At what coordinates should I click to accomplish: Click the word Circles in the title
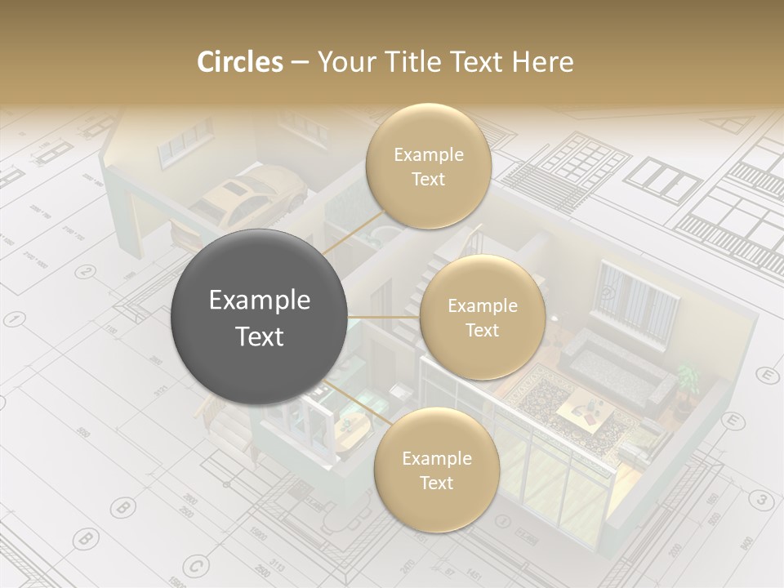(x=239, y=62)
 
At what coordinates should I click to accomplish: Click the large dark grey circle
(x=259, y=318)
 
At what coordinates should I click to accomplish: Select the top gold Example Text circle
(x=428, y=167)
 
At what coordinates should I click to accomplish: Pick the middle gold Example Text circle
(x=482, y=318)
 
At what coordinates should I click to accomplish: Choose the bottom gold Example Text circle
(x=436, y=470)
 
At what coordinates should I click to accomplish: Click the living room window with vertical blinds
(x=639, y=297)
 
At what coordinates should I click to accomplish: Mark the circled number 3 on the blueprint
(x=760, y=500)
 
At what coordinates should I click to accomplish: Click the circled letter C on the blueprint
(x=195, y=564)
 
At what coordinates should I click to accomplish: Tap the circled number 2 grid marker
(x=85, y=272)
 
